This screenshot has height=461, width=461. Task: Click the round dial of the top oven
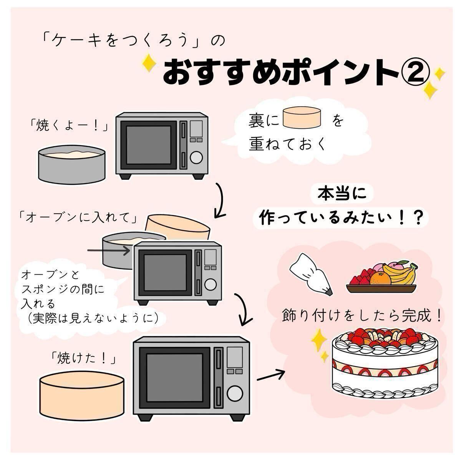point(196,157)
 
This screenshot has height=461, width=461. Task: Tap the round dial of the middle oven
point(210,285)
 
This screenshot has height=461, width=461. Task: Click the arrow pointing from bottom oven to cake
point(271,375)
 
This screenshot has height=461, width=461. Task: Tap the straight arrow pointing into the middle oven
point(109,250)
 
